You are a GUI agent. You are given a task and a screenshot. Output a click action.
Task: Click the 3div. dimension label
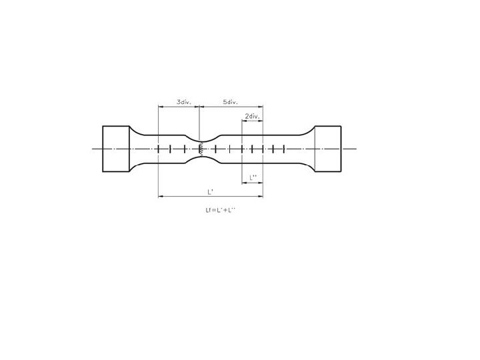(184, 102)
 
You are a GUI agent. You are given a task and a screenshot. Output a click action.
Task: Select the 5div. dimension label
(230, 102)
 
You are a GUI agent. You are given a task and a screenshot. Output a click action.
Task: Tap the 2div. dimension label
(252, 116)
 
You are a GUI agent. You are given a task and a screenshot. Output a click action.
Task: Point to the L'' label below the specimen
(253, 177)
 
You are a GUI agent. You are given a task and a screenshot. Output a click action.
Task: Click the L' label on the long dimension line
(210, 192)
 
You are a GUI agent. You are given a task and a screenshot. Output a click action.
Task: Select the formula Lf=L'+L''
(221, 210)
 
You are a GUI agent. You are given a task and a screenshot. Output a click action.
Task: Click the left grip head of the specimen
(116, 149)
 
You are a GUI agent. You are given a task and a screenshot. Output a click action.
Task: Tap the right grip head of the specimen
(328, 149)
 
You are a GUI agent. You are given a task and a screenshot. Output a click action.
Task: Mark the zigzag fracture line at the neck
(201, 149)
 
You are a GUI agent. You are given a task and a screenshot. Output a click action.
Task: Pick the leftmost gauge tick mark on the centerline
(158, 149)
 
